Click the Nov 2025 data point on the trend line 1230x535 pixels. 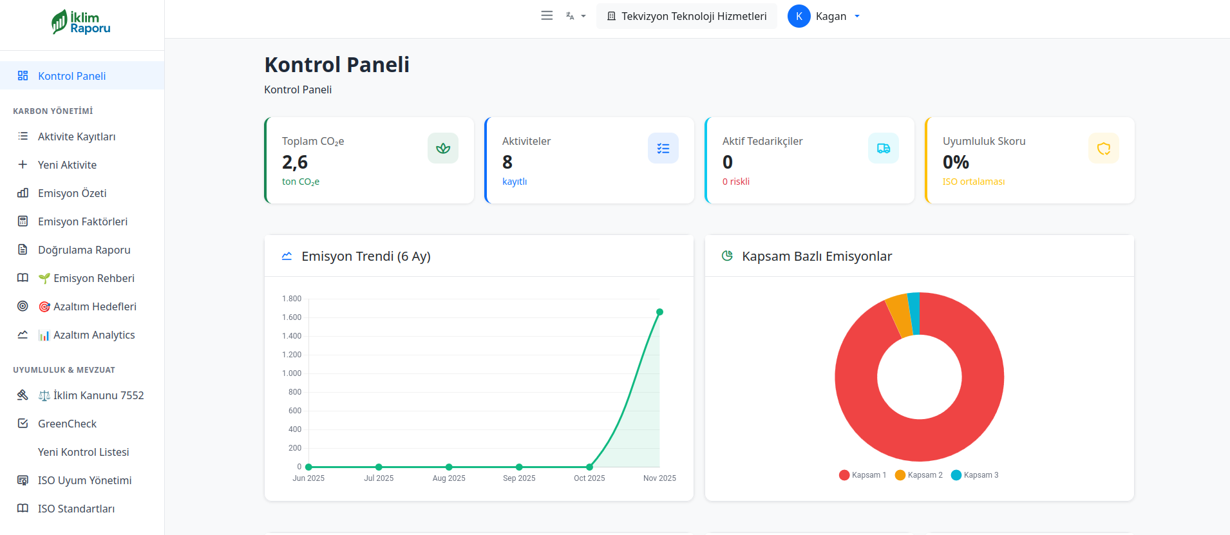coord(659,312)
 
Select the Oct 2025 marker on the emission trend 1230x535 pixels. coord(589,467)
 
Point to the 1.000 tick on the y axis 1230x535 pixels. coord(292,373)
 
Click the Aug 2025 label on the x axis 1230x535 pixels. coord(449,478)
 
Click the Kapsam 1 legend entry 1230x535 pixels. coord(863,475)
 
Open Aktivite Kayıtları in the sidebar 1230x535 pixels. coord(77,136)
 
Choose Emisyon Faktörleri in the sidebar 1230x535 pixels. coord(82,221)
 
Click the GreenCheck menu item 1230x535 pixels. coord(67,424)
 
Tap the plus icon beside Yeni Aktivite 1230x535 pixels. coord(23,165)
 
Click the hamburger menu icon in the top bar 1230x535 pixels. coord(547,16)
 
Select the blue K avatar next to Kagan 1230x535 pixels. coord(799,16)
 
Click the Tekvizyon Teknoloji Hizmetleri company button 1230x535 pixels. coord(686,16)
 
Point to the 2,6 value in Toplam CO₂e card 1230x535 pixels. coord(295,162)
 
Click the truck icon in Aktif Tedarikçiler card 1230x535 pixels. coord(884,148)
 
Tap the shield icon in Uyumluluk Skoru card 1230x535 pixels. coord(1104,148)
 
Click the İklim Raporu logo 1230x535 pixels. coord(82,23)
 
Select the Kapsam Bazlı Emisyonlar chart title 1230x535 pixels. coord(817,256)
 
